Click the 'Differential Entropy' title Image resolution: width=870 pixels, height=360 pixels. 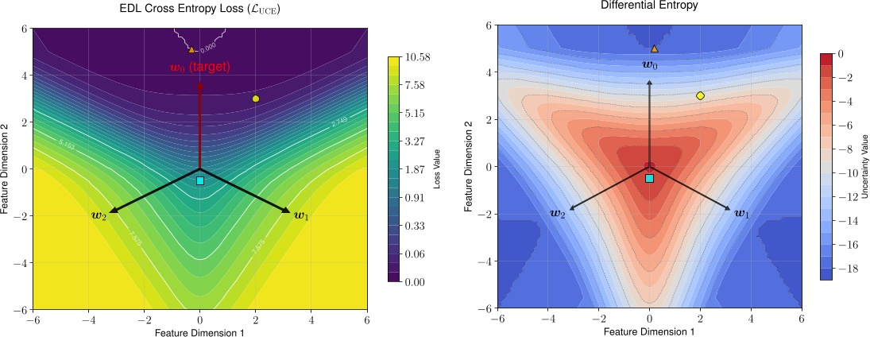[x=649, y=6]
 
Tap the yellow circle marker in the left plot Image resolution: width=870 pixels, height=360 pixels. [x=256, y=99]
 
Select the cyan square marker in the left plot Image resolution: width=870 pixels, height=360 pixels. [x=200, y=181]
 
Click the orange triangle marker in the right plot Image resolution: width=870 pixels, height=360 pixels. [x=655, y=48]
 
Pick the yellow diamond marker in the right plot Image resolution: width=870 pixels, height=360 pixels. [x=700, y=95]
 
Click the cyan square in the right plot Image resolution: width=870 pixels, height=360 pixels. [x=649, y=178]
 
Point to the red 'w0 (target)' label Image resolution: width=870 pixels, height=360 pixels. [x=199, y=68]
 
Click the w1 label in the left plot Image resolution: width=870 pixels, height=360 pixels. [x=302, y=215]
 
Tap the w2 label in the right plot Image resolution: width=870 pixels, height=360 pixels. [x=558, y=213]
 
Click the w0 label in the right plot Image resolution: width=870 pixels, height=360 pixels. [x=649, y=64]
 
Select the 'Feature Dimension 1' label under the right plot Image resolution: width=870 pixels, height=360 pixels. [x=649, y=331]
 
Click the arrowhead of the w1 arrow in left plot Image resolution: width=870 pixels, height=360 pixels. [x=287, y=211]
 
